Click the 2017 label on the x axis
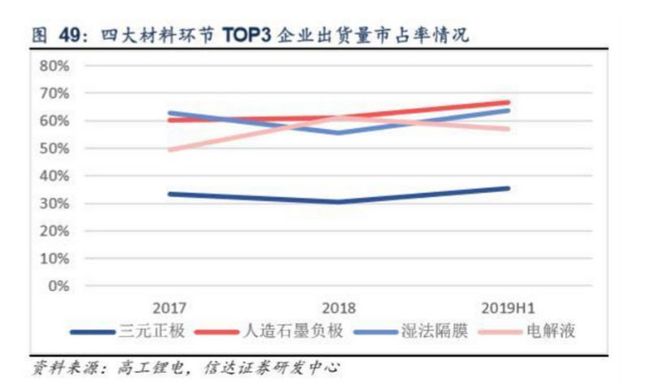tap(170, 309)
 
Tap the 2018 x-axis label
tap(339, 309)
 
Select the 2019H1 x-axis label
tap(509, 309)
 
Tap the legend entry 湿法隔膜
tap(434, 332)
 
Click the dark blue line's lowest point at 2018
tap(339, 202)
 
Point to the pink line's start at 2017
tap(170, 150)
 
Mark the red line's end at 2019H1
tap(509, 102)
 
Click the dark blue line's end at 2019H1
tap(509, 188)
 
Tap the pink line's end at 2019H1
tap(509, 129)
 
